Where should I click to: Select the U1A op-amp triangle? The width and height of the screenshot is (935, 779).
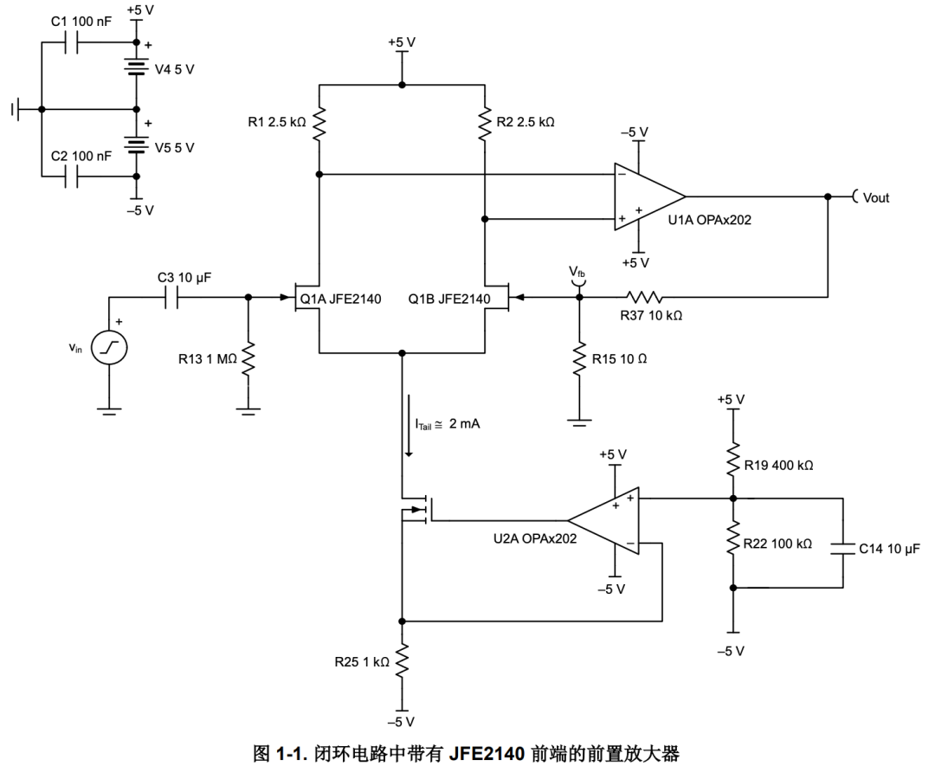[646, 196]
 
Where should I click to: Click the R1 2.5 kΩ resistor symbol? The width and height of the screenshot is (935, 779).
[319, 123]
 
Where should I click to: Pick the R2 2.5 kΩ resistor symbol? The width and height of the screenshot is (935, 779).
[485, 123]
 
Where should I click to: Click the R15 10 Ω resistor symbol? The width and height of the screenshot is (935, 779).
[579, 358]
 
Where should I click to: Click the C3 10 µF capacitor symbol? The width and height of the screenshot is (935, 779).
[171, 297]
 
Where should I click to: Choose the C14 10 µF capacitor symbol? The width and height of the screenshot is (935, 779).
[841, 547]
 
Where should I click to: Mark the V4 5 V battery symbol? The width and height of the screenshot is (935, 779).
[136, 68]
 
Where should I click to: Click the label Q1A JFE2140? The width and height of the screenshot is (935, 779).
[340, 301]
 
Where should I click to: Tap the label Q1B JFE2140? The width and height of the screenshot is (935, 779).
[450, 301]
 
